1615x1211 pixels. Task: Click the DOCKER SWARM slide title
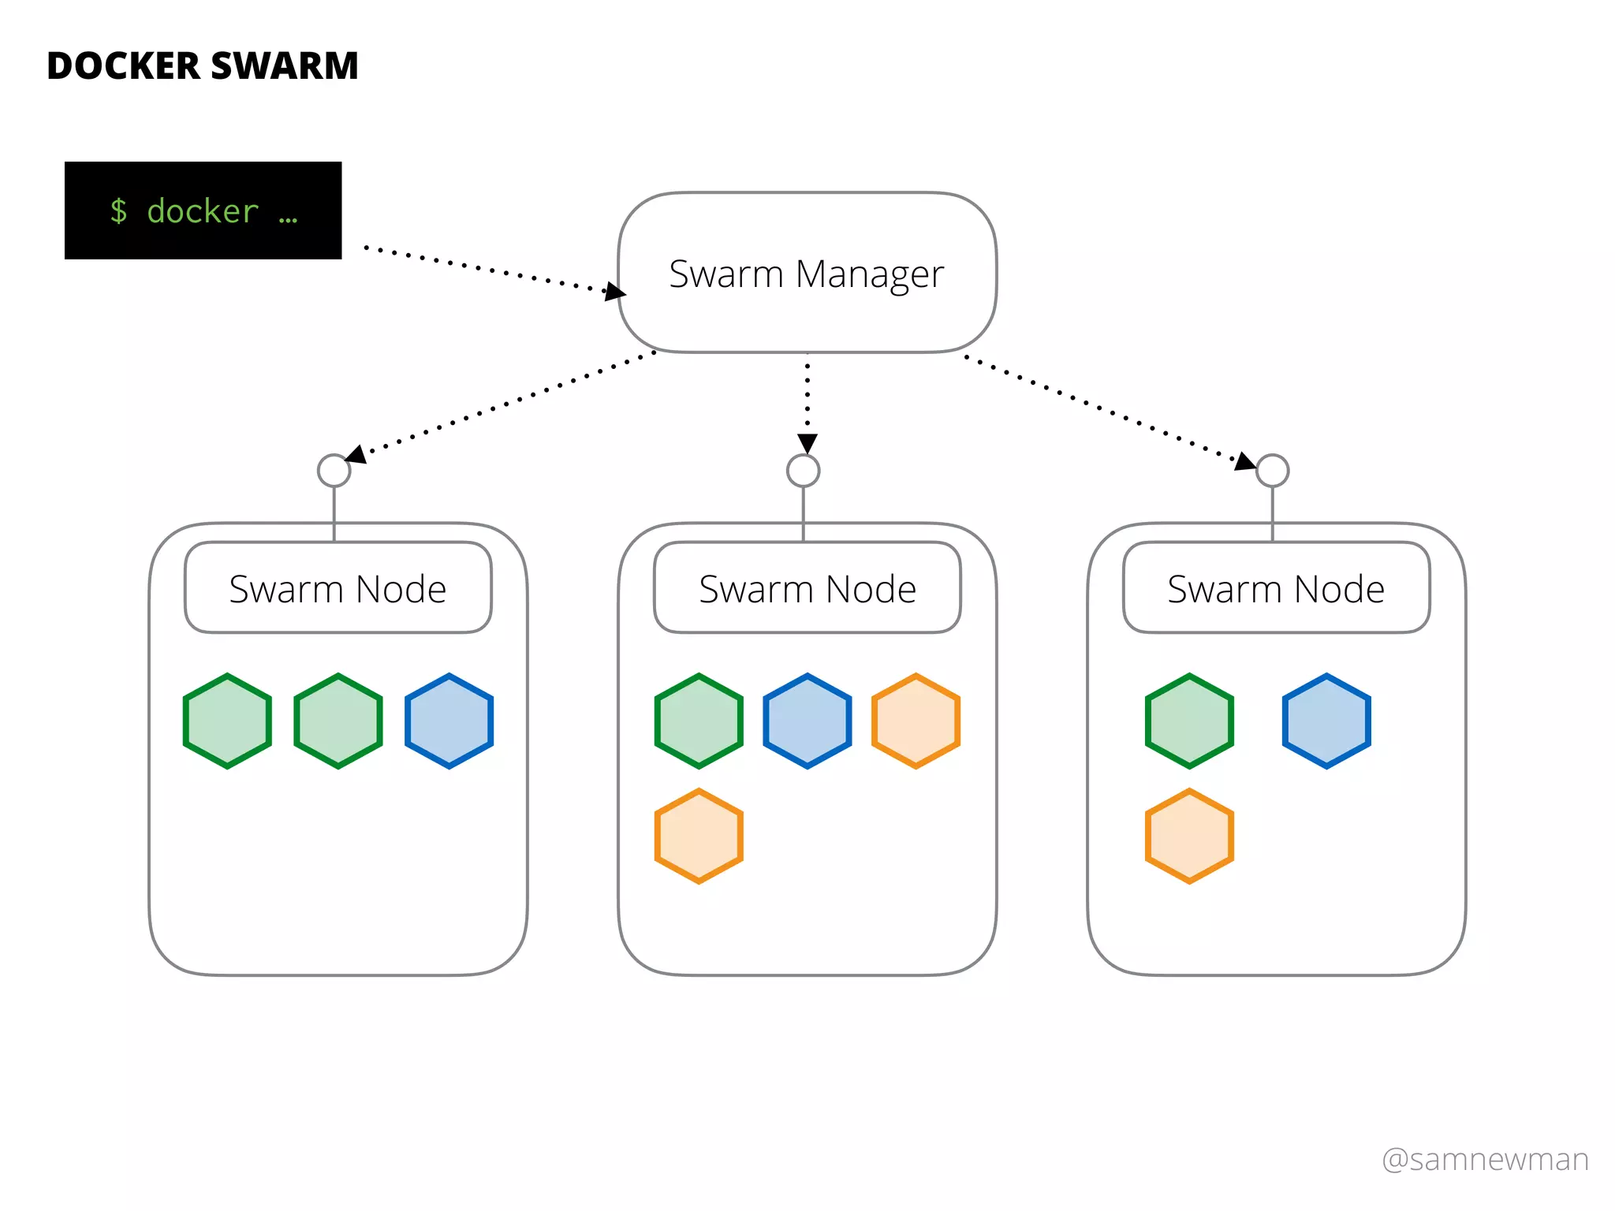click(x=203, y=65)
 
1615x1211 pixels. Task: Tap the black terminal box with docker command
click(x=203, y=211)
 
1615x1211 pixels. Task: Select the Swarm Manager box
click(x=807, y=273)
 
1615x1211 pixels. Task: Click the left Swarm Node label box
click(x=338, y=587)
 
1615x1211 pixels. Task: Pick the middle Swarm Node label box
click(x=807, y=587)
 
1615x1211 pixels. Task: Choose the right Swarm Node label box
click(x=1277, y=587)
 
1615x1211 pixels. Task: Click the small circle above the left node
click(x=334, y=471)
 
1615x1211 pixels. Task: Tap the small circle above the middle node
click(x=804, y=471)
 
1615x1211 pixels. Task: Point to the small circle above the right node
click(x=1273, y=471)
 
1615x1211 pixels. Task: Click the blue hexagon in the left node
click(x=449, y=721)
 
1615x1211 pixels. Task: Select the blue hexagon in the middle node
click(x=807, y=721)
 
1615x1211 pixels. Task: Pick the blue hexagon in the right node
click(x=1327, y=721)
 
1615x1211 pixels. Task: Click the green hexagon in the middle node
click(x=699, y=721)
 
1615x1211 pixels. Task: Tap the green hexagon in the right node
click(x=1190, y=721)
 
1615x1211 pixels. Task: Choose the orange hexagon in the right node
click(x=1190, y=836)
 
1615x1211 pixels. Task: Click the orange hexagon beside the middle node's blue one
click(x=916, y=721)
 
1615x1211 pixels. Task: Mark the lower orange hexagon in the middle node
click(x=699, y=836)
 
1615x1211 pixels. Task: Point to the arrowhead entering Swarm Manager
click(x=616, y=291)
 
